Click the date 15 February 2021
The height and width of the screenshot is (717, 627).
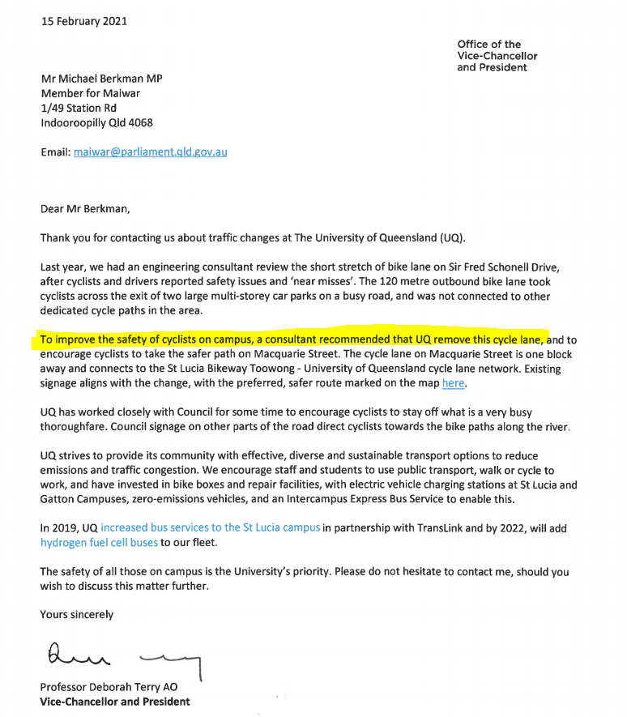click(x=84, y=21)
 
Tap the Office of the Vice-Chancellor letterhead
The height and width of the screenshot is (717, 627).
click(x=497, y=56)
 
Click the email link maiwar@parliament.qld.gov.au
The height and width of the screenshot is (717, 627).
click(x=151, y=152)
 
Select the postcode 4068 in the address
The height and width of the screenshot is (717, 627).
click(x=139, y=123)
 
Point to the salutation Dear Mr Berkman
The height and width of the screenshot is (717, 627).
click(x=85, y=208)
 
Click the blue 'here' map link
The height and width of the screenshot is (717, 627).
click(x=454, y=383)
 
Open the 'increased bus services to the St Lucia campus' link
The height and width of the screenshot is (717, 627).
click(x=211, y=528)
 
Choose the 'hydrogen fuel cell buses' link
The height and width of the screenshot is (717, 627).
click(x=99, y=543)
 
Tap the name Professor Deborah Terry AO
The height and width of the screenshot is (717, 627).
click(x=109, y=687)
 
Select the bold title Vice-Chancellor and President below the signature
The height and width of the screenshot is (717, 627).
click(x=115, y=702)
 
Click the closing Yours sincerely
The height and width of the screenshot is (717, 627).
click(x=77, y=615)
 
